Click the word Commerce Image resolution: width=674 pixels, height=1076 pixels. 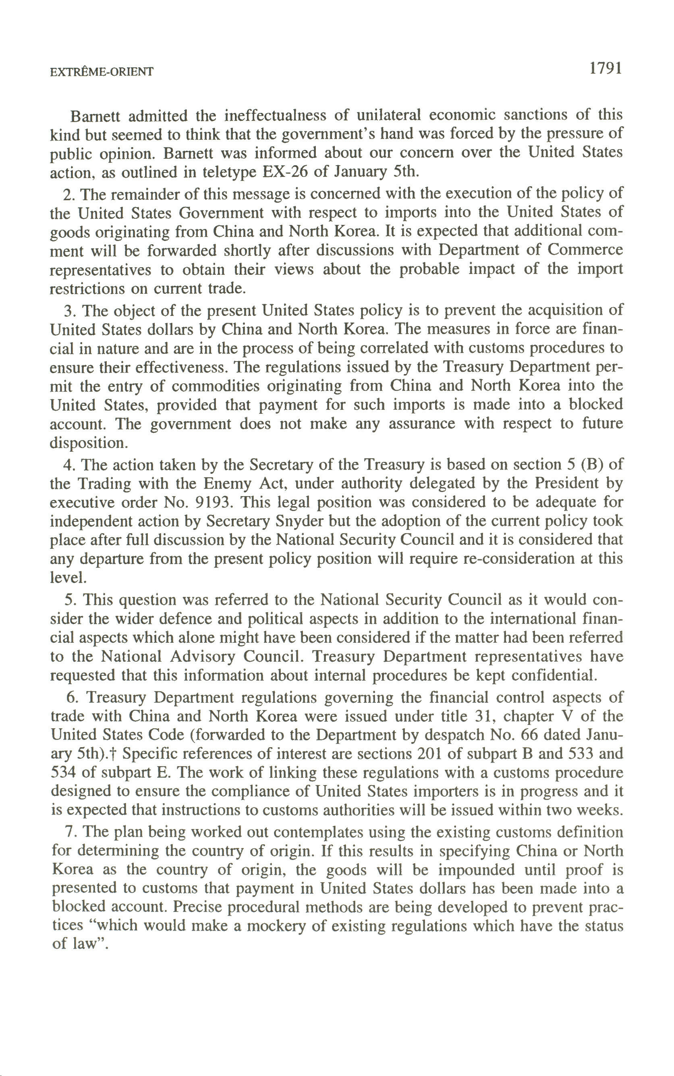click(x=585, y=250)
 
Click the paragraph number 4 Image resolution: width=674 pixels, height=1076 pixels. click(x=68, y=465)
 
